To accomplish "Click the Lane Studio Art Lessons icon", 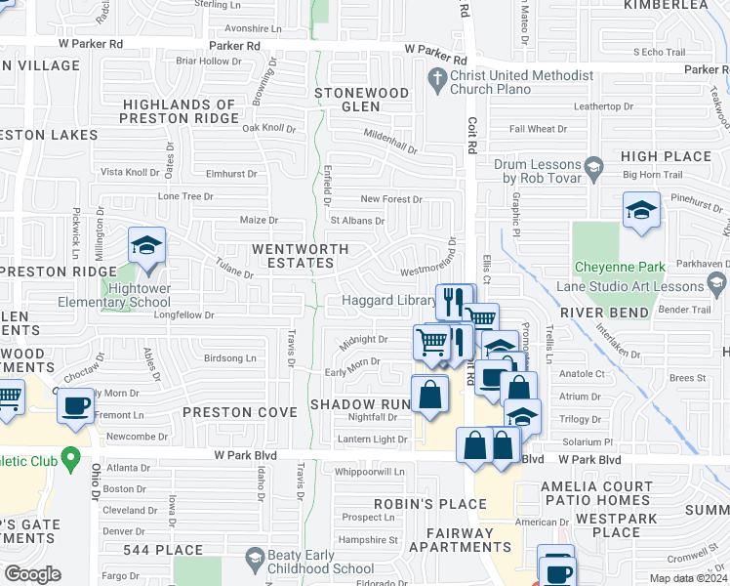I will pos(718,284).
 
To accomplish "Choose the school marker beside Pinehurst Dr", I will pos(640,212).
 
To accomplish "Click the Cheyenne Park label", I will pos(620,267).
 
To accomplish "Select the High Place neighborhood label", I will pos(666,156).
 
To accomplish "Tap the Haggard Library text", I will pos(389,301).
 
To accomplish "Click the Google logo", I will pos(32,574).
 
